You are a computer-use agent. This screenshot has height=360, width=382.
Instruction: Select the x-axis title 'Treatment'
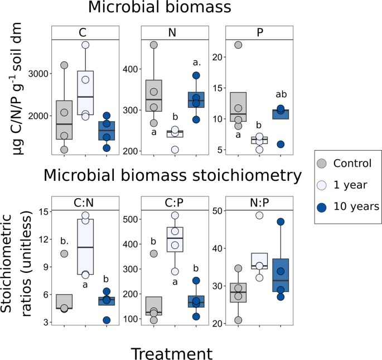(x=172, y=353)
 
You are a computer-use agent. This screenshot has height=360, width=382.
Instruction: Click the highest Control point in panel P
(x=239, y=45)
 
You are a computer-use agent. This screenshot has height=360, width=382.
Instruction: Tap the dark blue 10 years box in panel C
(x=106, y=131)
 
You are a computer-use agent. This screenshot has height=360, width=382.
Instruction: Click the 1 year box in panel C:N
(x=85, y=247)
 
